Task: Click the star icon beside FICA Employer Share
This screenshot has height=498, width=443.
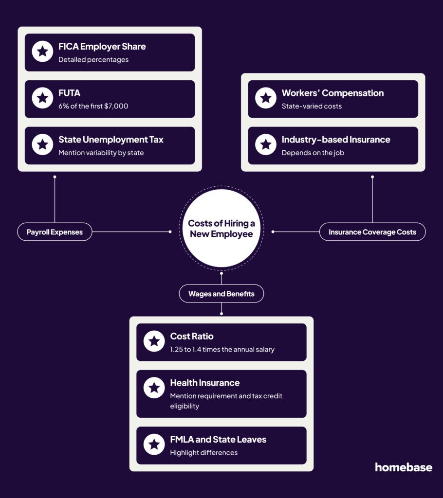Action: (42, 51)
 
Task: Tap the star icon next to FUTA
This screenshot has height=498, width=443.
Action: (42, 98)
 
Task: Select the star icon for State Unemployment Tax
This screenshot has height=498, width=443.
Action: (42, 144)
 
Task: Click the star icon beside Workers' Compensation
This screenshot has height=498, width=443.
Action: (265, 98)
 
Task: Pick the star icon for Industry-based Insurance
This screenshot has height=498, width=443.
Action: (265, 144)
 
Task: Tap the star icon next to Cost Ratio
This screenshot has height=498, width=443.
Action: (154, 341)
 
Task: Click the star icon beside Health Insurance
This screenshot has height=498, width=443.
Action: (154, 388)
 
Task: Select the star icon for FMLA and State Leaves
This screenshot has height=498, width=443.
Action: (154, 445)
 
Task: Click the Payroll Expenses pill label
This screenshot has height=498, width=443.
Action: (55, 232)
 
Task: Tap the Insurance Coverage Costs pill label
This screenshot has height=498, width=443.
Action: (372, 232)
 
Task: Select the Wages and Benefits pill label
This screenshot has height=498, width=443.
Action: (221, 293)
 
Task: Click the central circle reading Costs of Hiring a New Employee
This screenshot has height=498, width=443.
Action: (221, 229)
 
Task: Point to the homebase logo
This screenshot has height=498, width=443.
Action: (404, 467)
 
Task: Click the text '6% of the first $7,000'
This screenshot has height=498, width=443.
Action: (93, 106)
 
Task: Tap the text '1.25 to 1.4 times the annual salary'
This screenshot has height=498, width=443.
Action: (222, 349)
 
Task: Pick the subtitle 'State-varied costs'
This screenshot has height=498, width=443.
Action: (312, 106)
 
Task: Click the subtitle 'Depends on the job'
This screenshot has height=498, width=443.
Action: (313, 153)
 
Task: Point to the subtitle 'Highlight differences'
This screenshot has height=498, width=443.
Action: (204, 453)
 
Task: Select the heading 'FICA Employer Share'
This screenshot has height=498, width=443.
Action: (102, 47)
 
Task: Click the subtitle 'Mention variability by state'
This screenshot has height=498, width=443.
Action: (101, 153)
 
